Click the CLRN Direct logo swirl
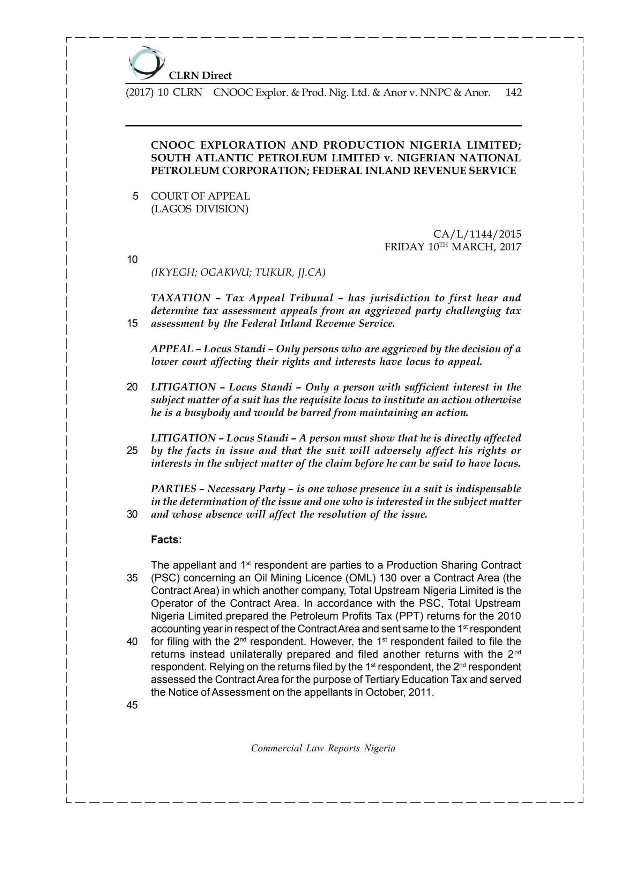point(146,63)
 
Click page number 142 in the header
point(513,92)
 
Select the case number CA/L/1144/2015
point(477,234)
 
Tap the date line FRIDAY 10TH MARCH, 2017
point(453,247)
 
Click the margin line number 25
point(132,451)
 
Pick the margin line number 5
point(135,196)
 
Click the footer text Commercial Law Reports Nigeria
point(323,748)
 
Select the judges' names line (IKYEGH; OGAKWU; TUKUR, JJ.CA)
point(238,273)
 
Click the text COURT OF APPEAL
point(200,196)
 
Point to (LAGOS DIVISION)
point(200,209)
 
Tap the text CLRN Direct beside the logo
point(200,75)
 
